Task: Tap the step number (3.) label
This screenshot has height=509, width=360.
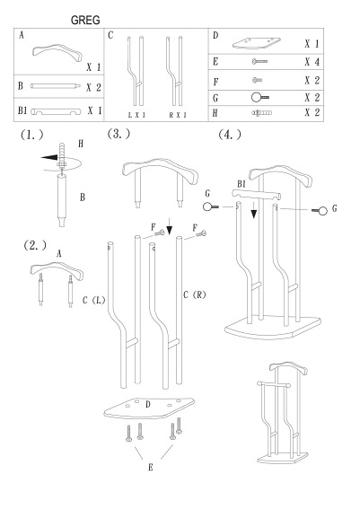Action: [x=119, y=134]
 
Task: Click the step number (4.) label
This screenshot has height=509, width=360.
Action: [x=231, y=135]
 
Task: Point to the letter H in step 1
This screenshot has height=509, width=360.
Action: [x=82, y=142]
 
